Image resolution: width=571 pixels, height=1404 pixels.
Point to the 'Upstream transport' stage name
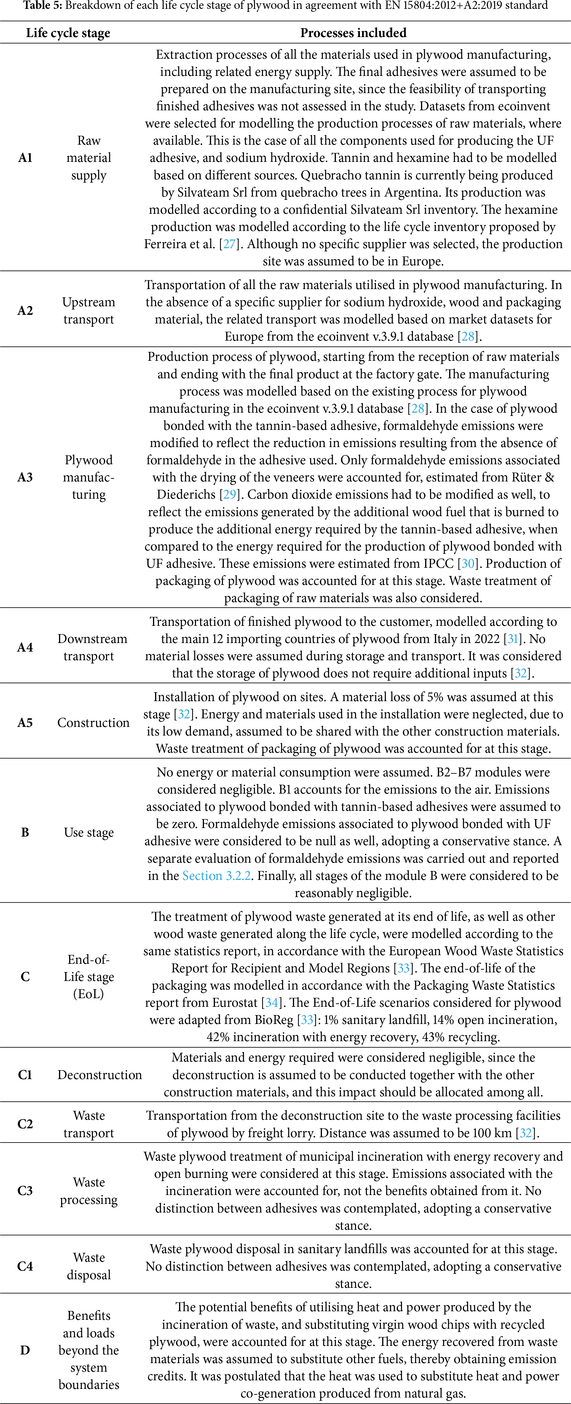pos(89,311)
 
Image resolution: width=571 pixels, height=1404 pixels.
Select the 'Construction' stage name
pos(93,723)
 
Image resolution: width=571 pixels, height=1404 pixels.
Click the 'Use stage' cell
pos(89,832)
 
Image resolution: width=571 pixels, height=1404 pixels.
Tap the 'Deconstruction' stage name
pos(100,1075)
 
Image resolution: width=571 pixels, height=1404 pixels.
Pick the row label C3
pos(25,1191)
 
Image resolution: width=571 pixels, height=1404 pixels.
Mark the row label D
pos(25,1350)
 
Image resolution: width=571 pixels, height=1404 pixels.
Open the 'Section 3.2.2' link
pos(217,876)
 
